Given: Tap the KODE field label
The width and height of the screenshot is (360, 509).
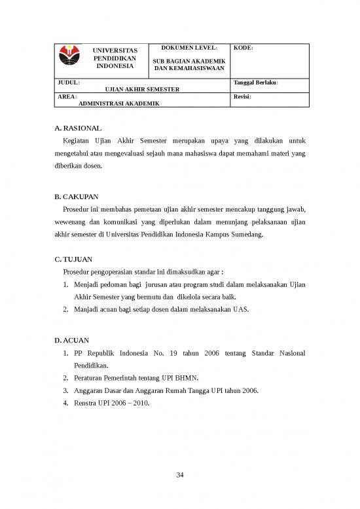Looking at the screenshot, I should click(243, 48).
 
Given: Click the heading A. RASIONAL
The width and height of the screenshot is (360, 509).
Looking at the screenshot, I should click(79, 129).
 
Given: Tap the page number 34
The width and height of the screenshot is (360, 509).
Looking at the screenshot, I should click(180, 475).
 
